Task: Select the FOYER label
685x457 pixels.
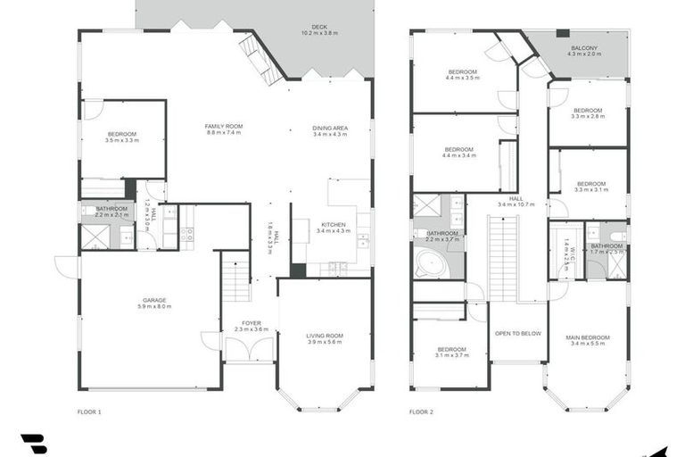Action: pos(252,327)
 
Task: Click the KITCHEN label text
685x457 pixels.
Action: pos(334,228)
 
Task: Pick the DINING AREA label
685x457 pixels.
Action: pos(330,131)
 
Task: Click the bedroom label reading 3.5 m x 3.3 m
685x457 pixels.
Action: pos(121,137)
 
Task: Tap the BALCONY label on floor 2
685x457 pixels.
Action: pos(584,51)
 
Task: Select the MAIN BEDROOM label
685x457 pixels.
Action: pos(588,340)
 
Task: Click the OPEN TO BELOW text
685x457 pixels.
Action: pos(518,333)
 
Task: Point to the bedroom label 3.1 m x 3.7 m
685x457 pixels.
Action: pos(451,352)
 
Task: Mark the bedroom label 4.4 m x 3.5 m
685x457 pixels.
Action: pos(462,74)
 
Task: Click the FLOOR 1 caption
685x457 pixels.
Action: pos(89,412)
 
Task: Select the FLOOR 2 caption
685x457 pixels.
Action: pos(421,412)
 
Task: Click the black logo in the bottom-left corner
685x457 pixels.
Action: pos(33,444)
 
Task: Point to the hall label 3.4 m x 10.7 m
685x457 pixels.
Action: pos(516,202)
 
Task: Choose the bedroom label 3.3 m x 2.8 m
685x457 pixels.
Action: pos(589,113)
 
